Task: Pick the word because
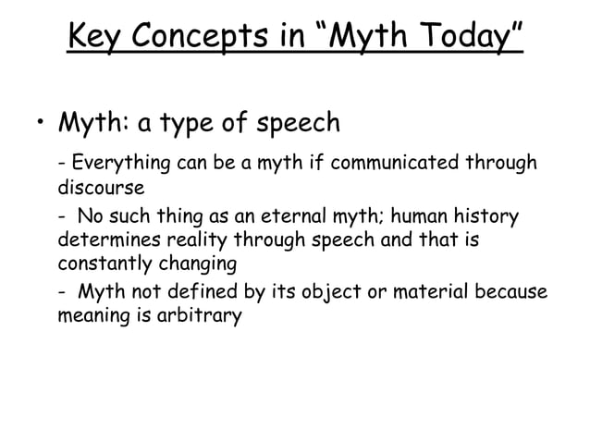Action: pyautogui.click(x=511, y=294)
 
